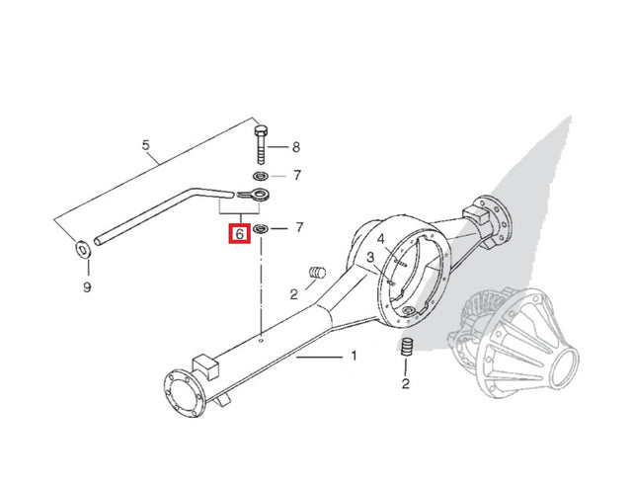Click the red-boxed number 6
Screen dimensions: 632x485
coord(240,233)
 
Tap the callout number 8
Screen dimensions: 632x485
coord(296,147)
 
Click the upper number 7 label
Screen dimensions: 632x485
coord(297,176)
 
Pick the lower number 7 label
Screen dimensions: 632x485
coord(299,228)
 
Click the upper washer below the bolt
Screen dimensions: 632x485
coord(261,176)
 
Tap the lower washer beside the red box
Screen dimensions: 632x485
coord(261,229)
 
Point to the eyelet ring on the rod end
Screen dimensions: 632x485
coord(260,195)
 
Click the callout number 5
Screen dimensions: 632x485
coord(146,145)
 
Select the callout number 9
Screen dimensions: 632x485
coord(87,287)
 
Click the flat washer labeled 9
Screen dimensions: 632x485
coord(83,250)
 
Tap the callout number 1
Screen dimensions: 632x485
coord(354,356)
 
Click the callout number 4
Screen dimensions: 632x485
coord(381,240)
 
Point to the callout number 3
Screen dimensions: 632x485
coord(370,257)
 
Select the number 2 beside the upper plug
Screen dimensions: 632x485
coord(294,294)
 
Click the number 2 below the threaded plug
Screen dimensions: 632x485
coord(406,383)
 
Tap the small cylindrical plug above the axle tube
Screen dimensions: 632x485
coord(317,273)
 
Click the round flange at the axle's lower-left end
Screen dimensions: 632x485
coord(185,394)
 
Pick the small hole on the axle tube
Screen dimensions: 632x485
coord(261,341)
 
